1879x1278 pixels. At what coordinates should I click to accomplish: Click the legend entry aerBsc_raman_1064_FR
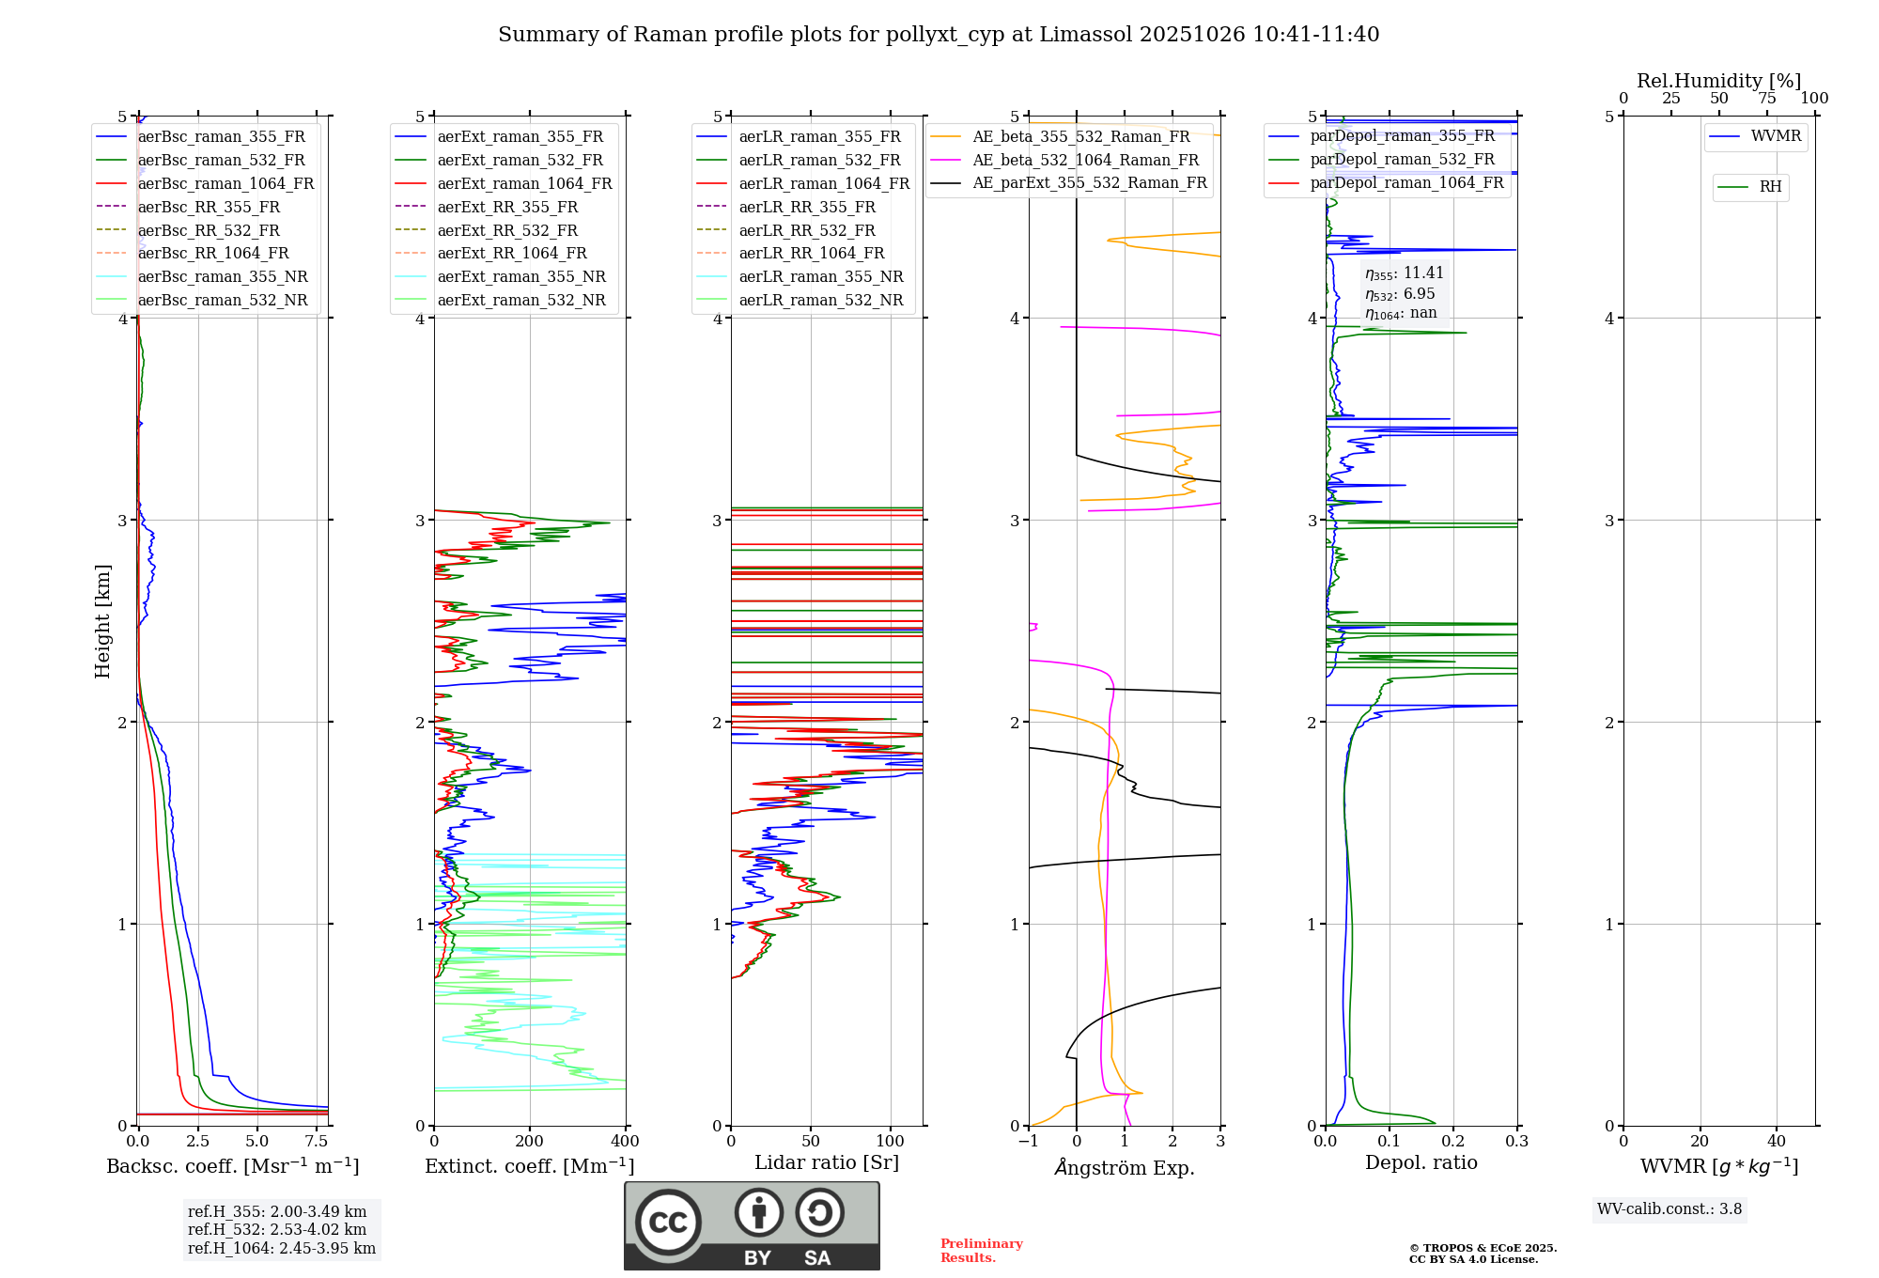[x=225, y=184]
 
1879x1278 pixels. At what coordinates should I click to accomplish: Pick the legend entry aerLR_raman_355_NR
[x=820, y=277]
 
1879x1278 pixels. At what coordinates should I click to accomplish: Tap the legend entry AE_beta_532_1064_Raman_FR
[x=1085, y=161]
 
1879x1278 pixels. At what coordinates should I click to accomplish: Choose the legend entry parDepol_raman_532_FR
[x=1402, y=160]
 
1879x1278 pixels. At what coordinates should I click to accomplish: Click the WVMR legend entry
[x=1776, y=137]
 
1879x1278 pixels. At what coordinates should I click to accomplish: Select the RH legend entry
[x=1770, y=187]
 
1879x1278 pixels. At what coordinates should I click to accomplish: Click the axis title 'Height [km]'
[x=102, y=621]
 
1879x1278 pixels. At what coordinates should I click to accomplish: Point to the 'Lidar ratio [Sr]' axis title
[x=827, y=1163]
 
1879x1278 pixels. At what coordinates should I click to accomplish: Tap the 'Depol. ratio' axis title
[x=1421, y=1163]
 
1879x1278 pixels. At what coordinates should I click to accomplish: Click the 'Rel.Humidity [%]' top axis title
[x=1718, y=81]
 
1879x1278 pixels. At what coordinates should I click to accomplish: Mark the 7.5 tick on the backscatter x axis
[x=317, y=1142]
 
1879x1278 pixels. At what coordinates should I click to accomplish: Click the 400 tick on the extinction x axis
[x=626, y=1142]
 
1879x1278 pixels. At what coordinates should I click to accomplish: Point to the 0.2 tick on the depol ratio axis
[x=1453, y=1142]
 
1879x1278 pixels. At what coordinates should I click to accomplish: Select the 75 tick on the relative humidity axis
[x=1767, y=99]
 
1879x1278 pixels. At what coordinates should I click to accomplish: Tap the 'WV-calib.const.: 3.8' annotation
[x=1669, y=1209]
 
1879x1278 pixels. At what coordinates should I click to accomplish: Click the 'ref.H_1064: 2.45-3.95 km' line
[x=282, y=1249]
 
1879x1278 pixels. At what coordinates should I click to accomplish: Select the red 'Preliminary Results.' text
[x=981, y=1251]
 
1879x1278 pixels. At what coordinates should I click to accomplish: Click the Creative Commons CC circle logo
[x=668, y=1223]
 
